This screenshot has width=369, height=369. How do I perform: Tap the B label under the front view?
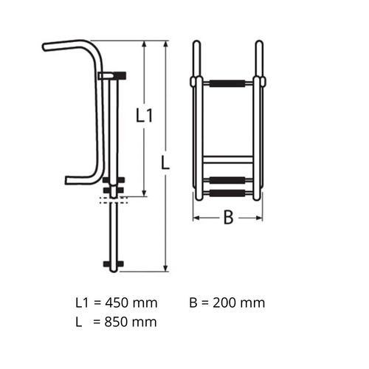click(228, 218)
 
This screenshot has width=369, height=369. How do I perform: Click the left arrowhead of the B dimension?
click(196, 218)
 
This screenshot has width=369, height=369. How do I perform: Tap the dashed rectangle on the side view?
click(114, 199)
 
